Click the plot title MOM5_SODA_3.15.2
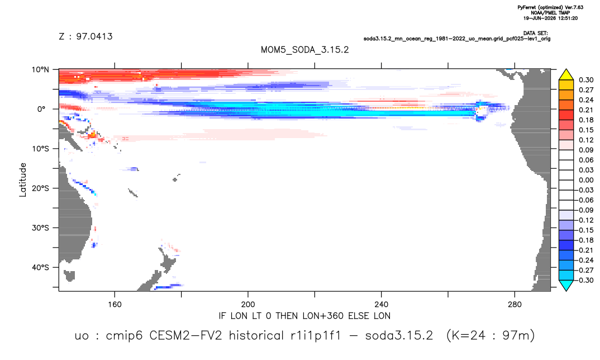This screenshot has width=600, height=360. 304,50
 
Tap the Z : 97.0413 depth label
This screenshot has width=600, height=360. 85,36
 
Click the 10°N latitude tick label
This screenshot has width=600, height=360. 40,70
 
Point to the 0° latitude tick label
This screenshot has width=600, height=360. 41,109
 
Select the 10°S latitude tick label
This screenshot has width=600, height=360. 40,149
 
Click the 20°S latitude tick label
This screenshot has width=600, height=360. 40,188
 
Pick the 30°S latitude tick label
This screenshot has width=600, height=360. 40,228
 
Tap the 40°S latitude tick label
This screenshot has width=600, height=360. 40,267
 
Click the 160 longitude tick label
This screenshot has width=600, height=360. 115,305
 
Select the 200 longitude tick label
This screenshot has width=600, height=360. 248,305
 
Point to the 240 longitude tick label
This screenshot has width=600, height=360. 381,305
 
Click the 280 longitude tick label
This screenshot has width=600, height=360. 515,305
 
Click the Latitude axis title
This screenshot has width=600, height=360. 23,180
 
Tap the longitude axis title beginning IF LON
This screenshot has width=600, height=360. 304,316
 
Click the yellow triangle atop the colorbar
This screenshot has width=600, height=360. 566,74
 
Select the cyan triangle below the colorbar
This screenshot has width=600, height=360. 566,285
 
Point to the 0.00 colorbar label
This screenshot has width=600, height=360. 586,180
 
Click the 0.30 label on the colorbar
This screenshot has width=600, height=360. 586,80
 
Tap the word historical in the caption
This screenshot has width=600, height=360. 256,335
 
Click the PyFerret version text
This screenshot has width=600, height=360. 550,7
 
